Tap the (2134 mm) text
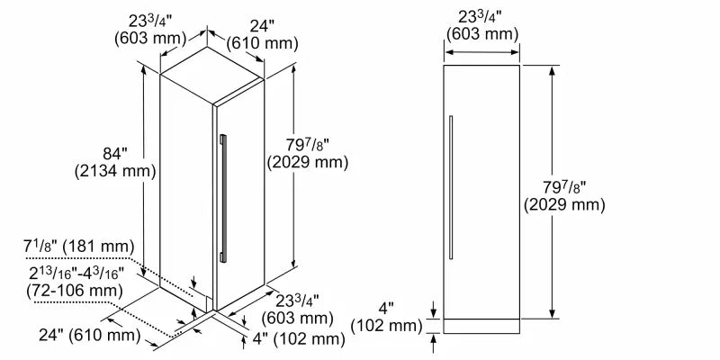click(111, 170)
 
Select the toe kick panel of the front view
click(482, 324)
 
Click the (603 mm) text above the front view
click(482, 34)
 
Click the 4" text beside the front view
click(388, 307)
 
